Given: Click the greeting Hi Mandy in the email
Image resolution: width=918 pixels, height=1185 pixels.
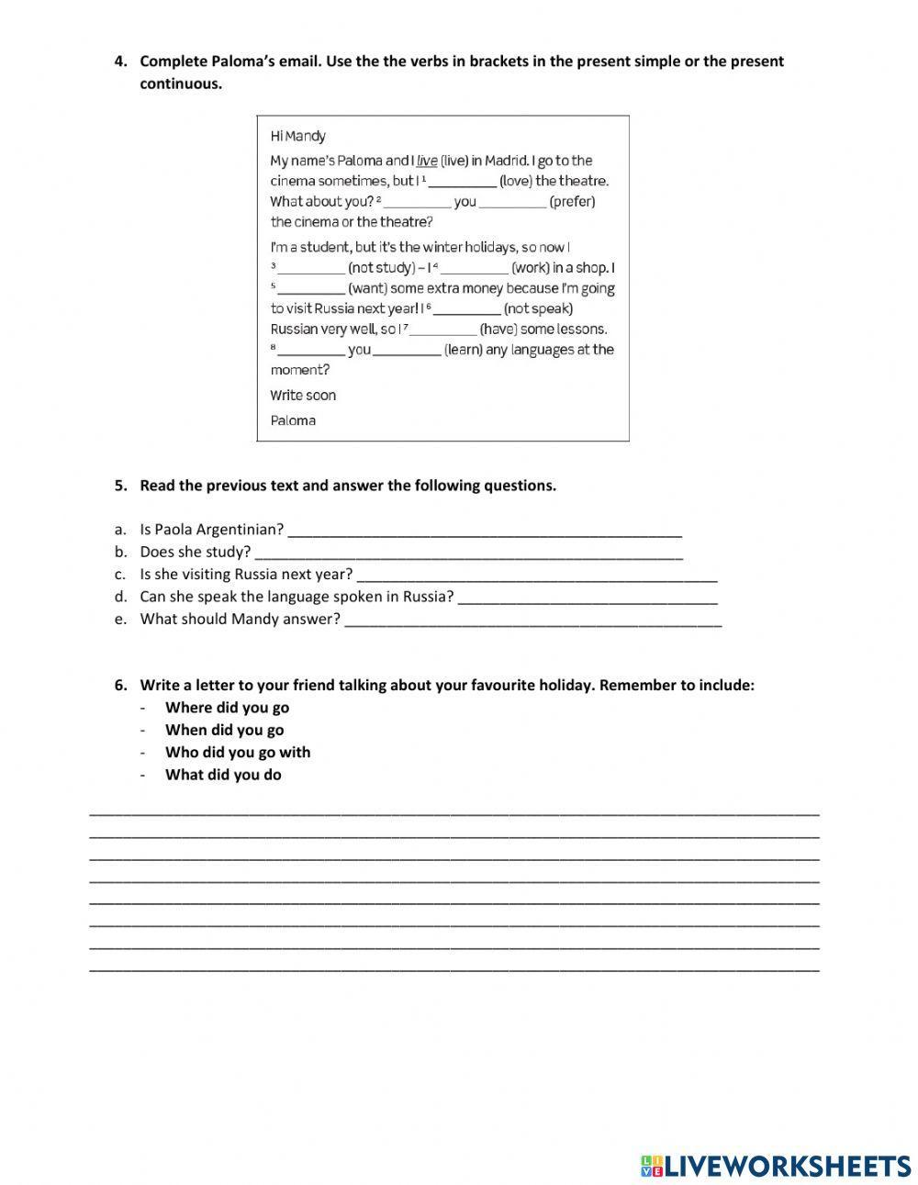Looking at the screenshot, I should click(x=297, y=136).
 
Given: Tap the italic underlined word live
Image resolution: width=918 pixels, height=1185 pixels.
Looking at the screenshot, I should click(x=427, y=161).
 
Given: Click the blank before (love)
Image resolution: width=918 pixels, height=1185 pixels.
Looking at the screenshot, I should click(x=463, y=182).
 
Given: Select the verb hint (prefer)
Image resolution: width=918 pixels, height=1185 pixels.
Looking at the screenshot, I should click(x=572, y=202).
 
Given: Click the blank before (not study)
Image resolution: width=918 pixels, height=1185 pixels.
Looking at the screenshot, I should click(x=311, y=269).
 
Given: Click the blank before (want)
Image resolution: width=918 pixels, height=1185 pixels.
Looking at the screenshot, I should click(x=311, y=289).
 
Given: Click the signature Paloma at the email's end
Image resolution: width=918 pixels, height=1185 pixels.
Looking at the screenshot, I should click(x=293, y=420).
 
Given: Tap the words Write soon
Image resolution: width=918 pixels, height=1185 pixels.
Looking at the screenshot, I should click(x=303, y=396).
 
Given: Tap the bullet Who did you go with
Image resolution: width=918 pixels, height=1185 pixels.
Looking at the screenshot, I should click(x=238, y=753).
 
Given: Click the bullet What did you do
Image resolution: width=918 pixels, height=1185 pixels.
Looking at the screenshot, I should click(x=223, y=775).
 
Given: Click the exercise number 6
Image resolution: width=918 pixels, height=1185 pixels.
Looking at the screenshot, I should click(x=120, y=685).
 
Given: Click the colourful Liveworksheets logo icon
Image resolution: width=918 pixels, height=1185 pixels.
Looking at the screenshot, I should click(x=651, y=1166).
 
